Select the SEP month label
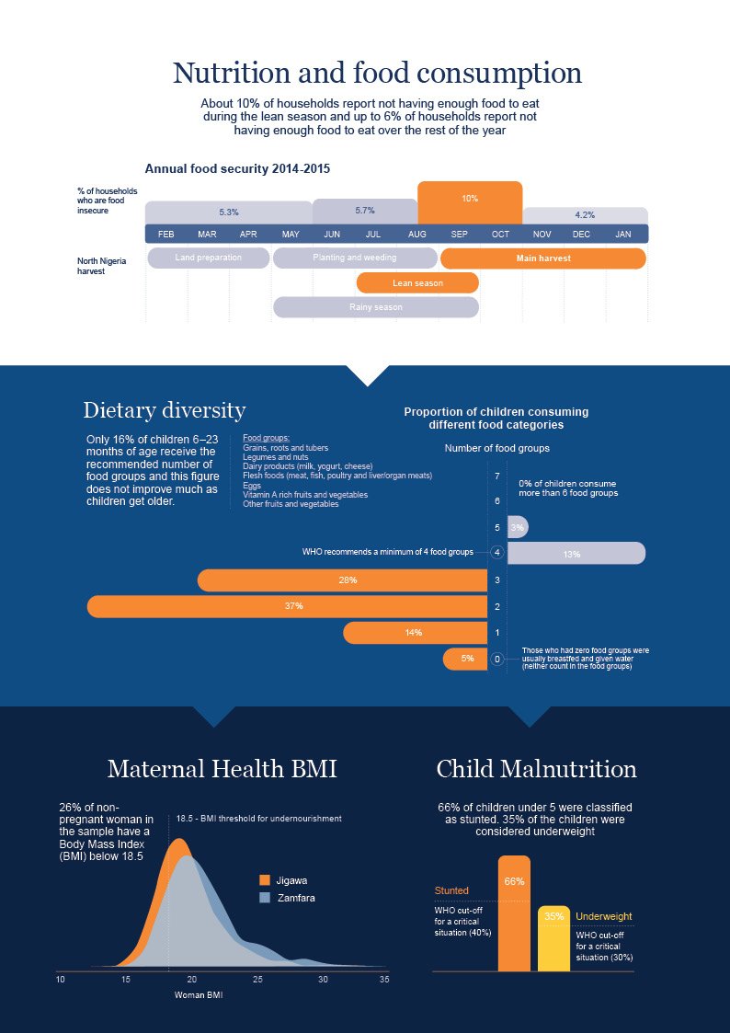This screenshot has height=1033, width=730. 459,235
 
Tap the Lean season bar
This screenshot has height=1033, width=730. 417,283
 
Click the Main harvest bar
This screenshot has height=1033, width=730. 542,258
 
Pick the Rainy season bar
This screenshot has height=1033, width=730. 375,307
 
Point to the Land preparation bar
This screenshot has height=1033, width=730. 208,258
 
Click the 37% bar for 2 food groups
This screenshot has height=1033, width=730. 287,606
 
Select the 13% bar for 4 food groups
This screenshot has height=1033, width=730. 576,554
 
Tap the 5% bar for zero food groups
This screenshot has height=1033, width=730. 465,659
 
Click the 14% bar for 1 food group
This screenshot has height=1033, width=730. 415,633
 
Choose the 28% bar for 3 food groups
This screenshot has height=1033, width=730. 342,580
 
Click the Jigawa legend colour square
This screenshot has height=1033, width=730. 266,880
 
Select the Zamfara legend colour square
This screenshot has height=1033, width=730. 266,897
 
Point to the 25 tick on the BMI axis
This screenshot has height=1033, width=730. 257,980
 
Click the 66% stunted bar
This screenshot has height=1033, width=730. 514,913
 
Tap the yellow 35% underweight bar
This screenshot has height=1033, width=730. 553,938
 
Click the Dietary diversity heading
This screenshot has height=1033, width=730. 164,410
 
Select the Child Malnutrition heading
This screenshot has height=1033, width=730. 536,769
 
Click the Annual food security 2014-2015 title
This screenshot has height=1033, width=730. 237,169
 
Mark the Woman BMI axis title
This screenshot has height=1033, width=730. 199,995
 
